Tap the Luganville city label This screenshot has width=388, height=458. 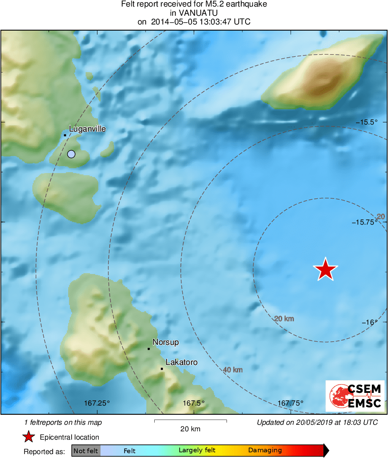click(87, 129)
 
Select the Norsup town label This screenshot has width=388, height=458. click(166, 342)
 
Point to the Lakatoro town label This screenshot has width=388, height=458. click(182, 362)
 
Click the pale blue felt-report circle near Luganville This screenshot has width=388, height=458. click(71, 154)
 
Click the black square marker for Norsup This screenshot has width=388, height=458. click(149, 349)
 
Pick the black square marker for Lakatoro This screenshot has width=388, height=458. click(162, 369)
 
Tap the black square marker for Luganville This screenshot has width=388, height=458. click(65, 135)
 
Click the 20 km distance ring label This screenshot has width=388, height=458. click(284, 319)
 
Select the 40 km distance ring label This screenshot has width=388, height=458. click(233, 370)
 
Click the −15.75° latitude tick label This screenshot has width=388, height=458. click(365, 222)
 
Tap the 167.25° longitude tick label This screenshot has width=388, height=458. click(97, 403)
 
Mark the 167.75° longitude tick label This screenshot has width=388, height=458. click(291, 403)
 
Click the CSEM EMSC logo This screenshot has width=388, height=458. click(355, 396)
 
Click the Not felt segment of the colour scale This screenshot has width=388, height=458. click(86, 450)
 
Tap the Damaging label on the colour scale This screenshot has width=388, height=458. click(265, 450)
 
